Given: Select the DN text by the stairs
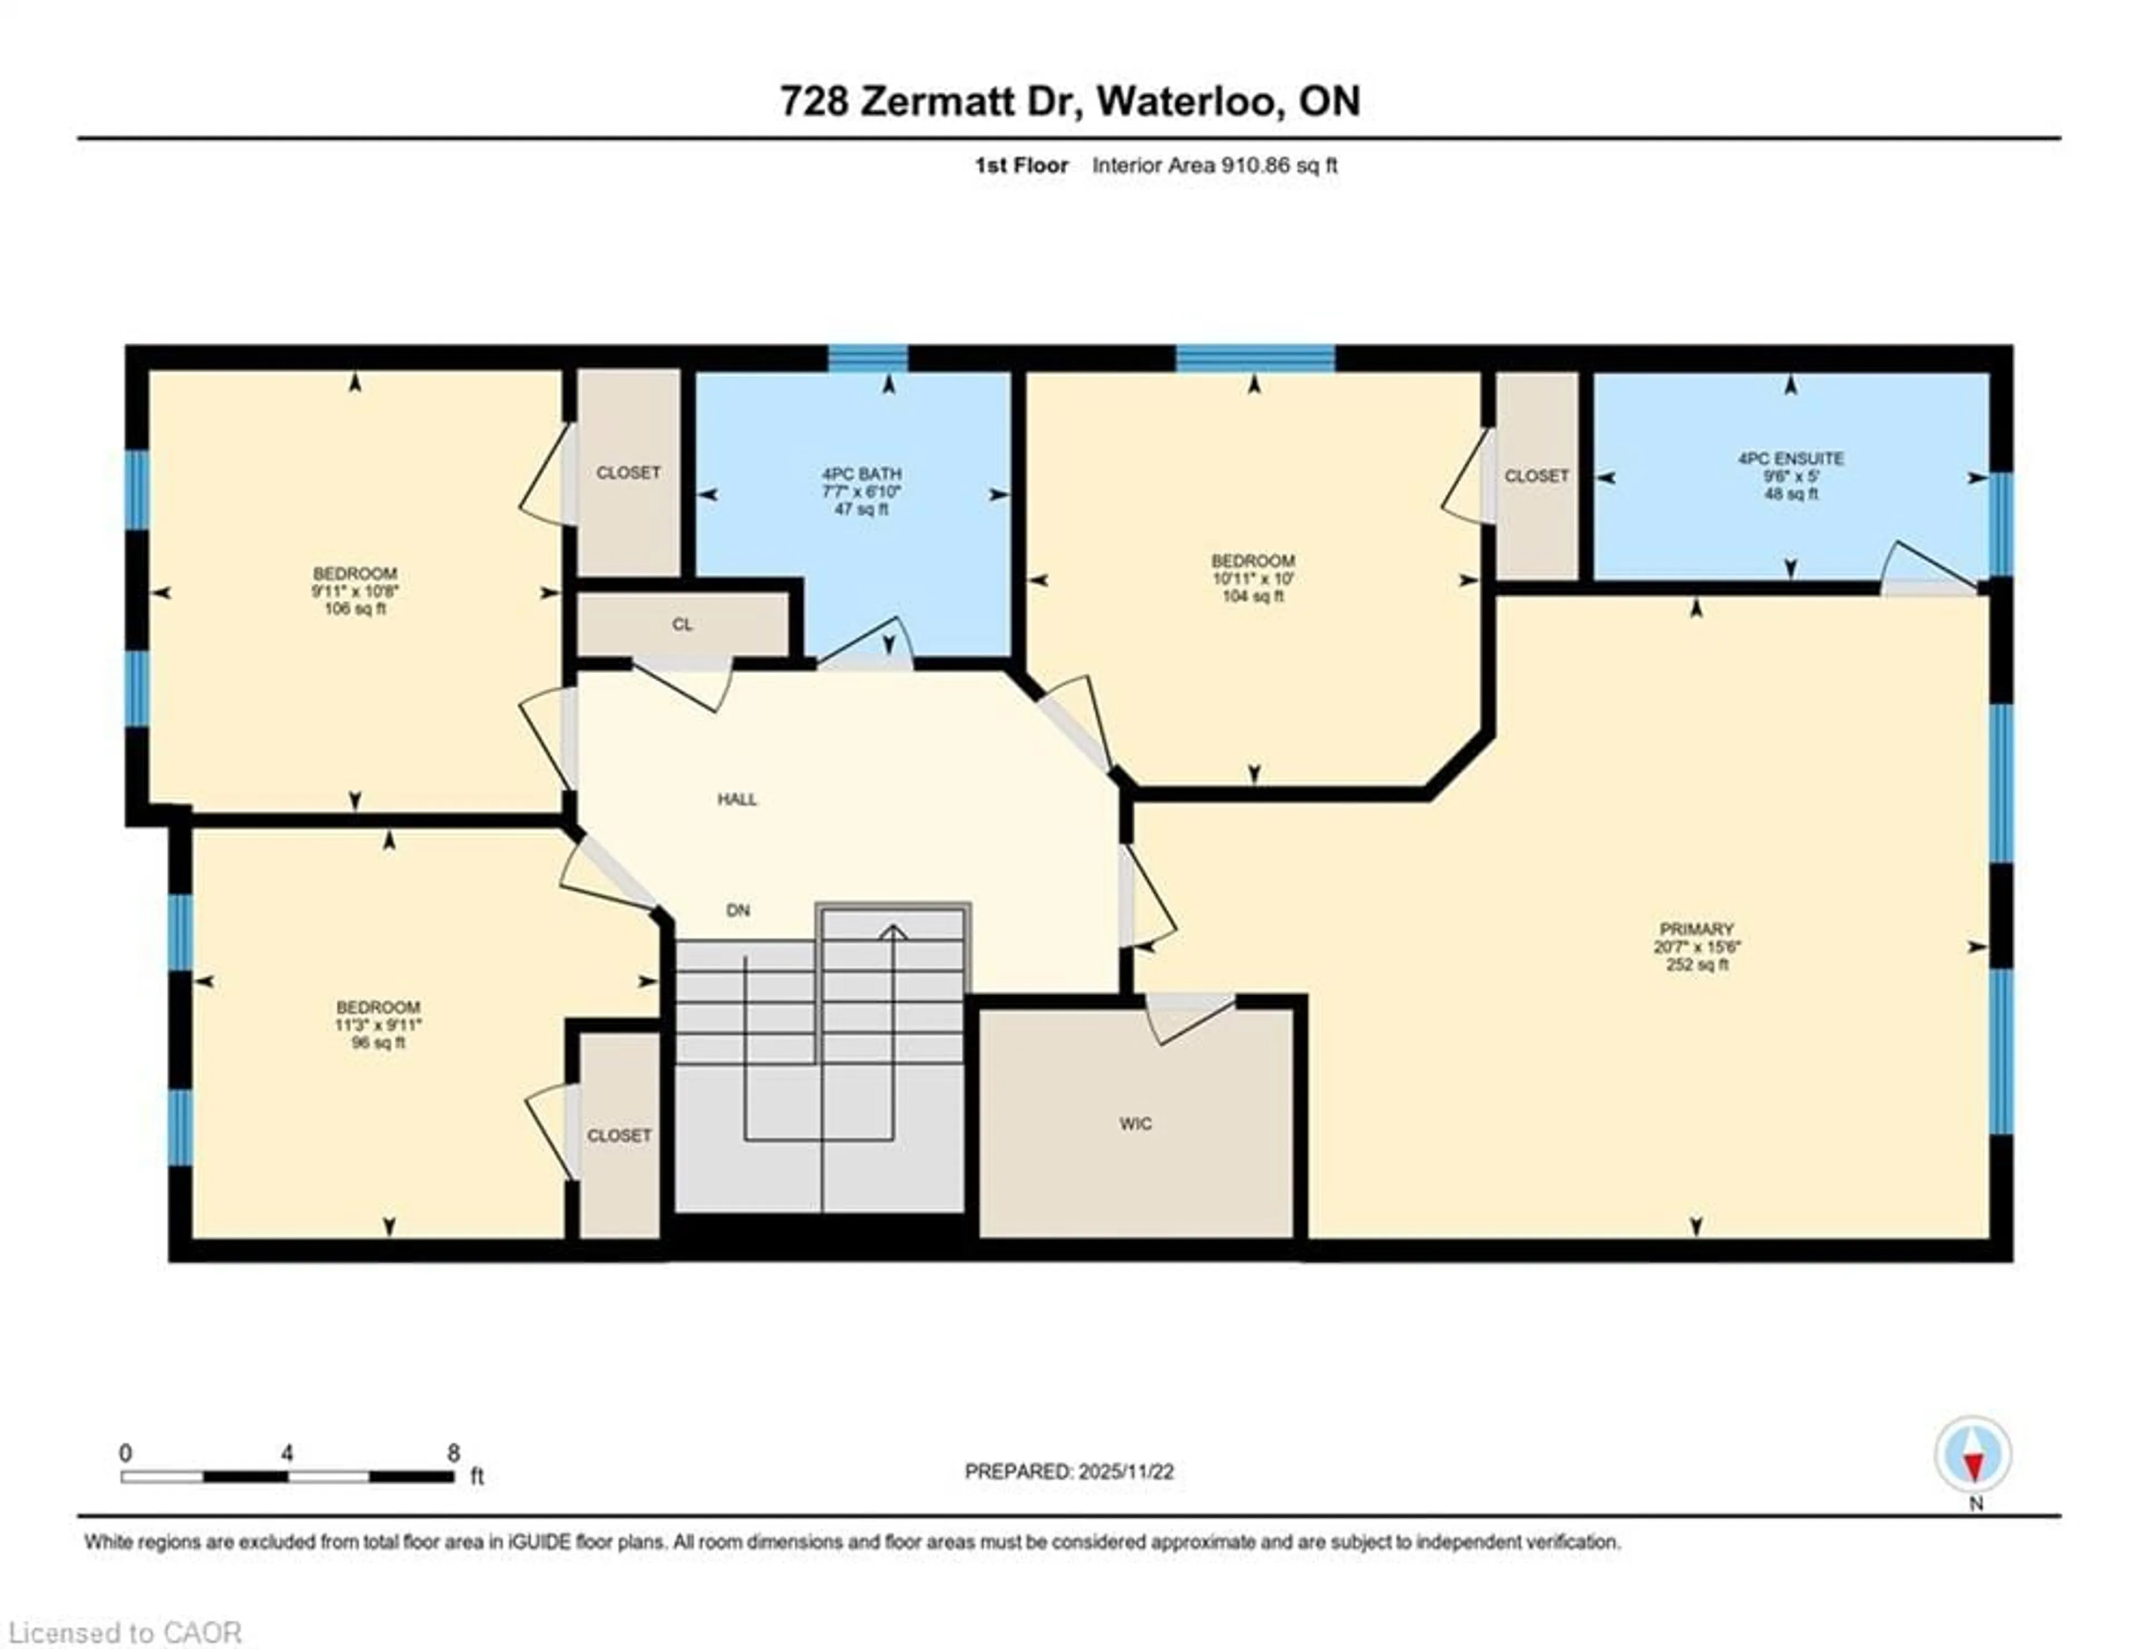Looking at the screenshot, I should tap(738, 911).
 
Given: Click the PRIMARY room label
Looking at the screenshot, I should tap(1696, 929).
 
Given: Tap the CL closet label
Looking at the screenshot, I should tap(682, 625).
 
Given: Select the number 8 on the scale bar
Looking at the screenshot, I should tap(453, 1453).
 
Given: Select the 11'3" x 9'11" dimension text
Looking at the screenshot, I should tap(378, 1025).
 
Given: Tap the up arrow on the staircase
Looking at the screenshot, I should tap(893, 932).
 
